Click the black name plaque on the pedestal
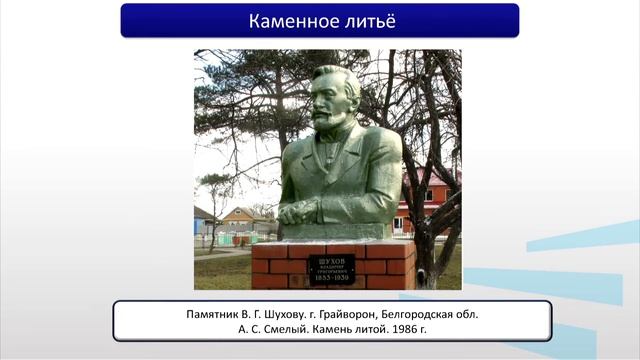pyautogui.click(x=331, y=269)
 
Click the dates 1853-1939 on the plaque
pyautogui.click(x=331, y=278)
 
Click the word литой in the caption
pyautogui.click(x=378, y=329)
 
